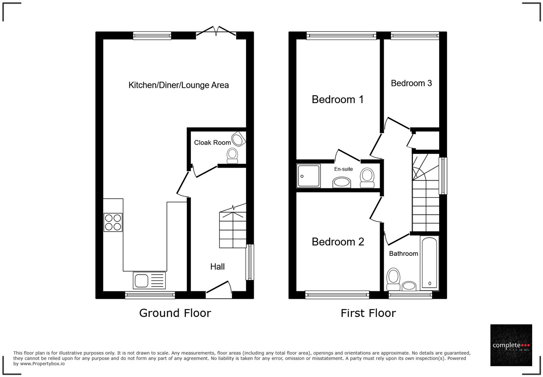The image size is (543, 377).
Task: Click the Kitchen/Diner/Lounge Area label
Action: pos(178,85)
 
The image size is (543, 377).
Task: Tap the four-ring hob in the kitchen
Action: pos(113,222)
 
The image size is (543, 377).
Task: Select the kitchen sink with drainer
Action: pos(149,280)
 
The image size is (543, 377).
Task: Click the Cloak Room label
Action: pos(212,143)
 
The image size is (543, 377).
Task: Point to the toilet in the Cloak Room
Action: pos(232,155)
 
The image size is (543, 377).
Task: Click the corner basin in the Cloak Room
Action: pos(238,139)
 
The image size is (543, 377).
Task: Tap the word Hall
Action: pos(217,267)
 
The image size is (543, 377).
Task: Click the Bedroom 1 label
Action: pos(338,99)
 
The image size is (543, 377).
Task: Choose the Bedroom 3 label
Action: pos(411,83)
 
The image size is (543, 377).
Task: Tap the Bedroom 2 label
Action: pos(338,242)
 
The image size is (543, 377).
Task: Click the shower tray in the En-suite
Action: pos(308,176)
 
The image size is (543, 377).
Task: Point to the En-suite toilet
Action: pos(367,177)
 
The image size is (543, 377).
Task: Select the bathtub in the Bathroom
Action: pos(429,263)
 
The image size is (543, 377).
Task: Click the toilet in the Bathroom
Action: pos(394,279)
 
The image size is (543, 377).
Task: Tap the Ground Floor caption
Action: pos(175,313)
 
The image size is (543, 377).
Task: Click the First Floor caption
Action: pos(368,313)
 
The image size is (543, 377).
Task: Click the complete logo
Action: pos(511,345)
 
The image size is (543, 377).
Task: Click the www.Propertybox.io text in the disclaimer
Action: pos(42,364)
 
